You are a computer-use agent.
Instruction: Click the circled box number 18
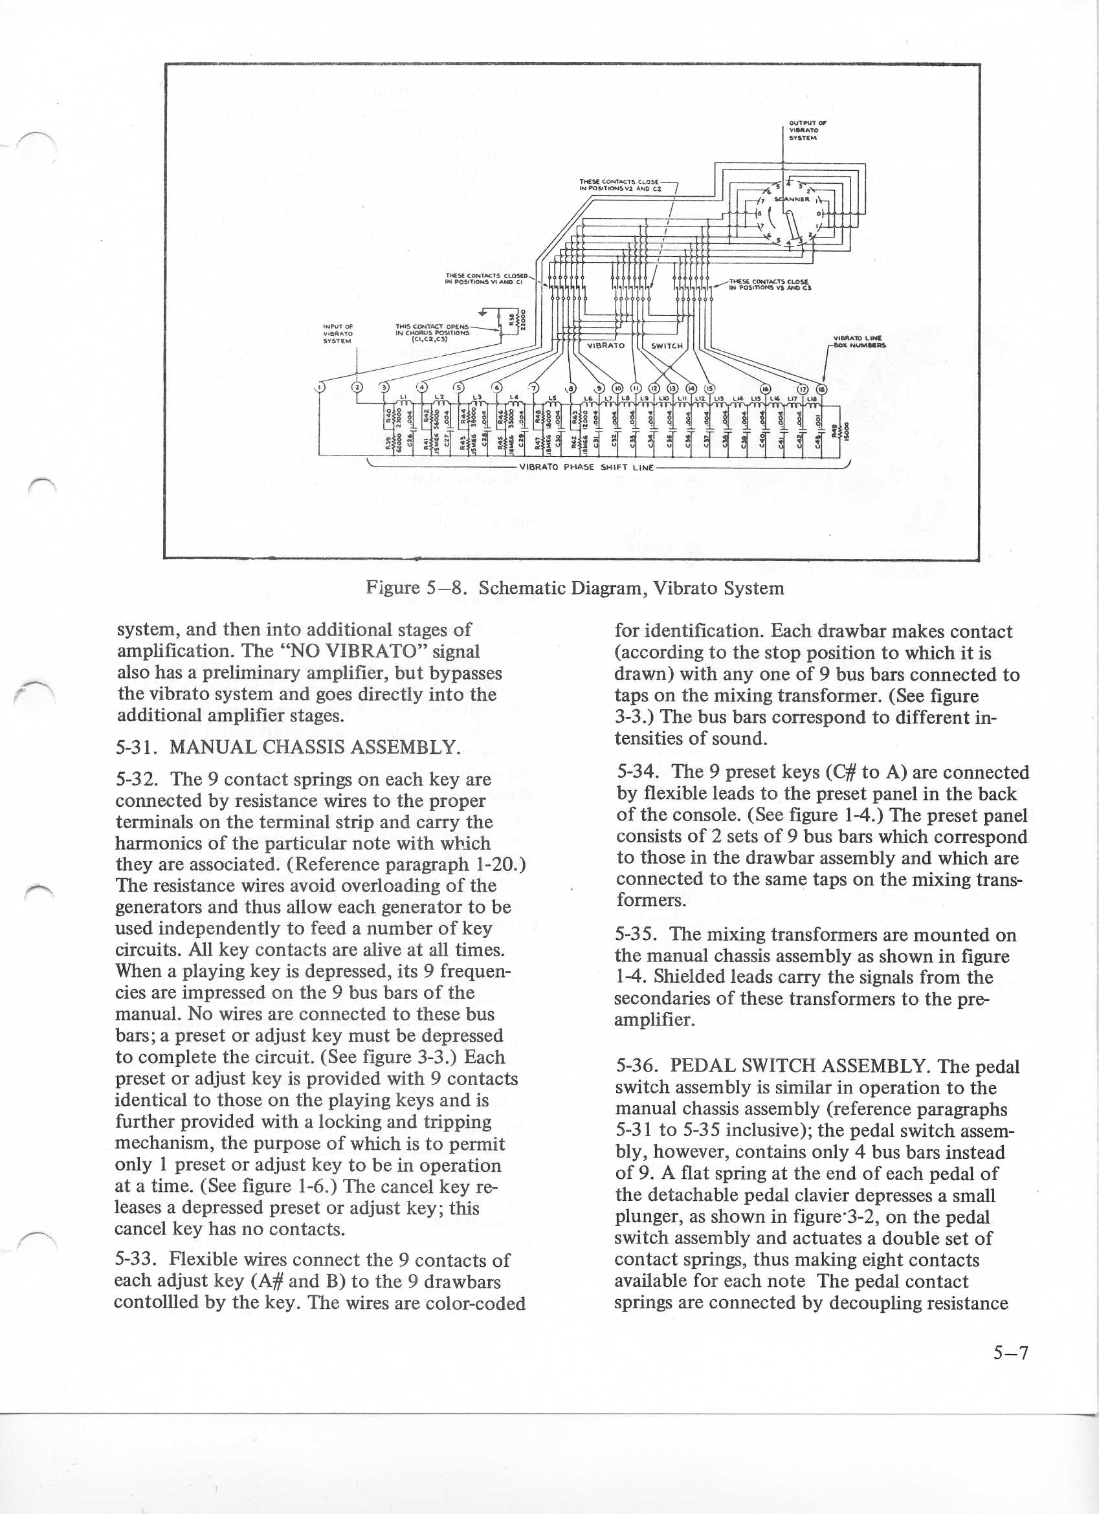[x=823, y=390]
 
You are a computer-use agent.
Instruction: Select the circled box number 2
[x=357, y=387]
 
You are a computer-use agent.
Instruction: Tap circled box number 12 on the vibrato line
[x=654, y=388]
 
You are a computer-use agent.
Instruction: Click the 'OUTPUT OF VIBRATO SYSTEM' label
[x=799, y=129]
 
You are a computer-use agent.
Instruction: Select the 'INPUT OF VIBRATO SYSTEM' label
[x=338, y=333]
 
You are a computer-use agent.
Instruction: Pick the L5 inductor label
[x=552, y=399]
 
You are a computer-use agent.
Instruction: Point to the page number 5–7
[x=1011, y=1352]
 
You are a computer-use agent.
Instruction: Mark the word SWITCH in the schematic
[x=667, y=346]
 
